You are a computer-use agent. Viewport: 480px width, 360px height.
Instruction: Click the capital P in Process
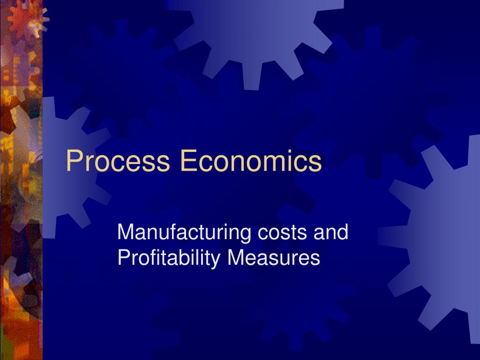pos(73,161)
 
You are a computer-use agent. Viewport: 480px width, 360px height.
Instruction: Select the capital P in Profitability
pos(122,258)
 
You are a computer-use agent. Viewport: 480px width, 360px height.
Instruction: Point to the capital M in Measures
pos(236,258)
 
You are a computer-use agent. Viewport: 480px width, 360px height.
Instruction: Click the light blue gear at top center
pos(255,33)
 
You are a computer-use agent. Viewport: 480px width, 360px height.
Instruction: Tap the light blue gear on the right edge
pos(441,230)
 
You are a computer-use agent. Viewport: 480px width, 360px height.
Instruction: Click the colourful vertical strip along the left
pos(21,187)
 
